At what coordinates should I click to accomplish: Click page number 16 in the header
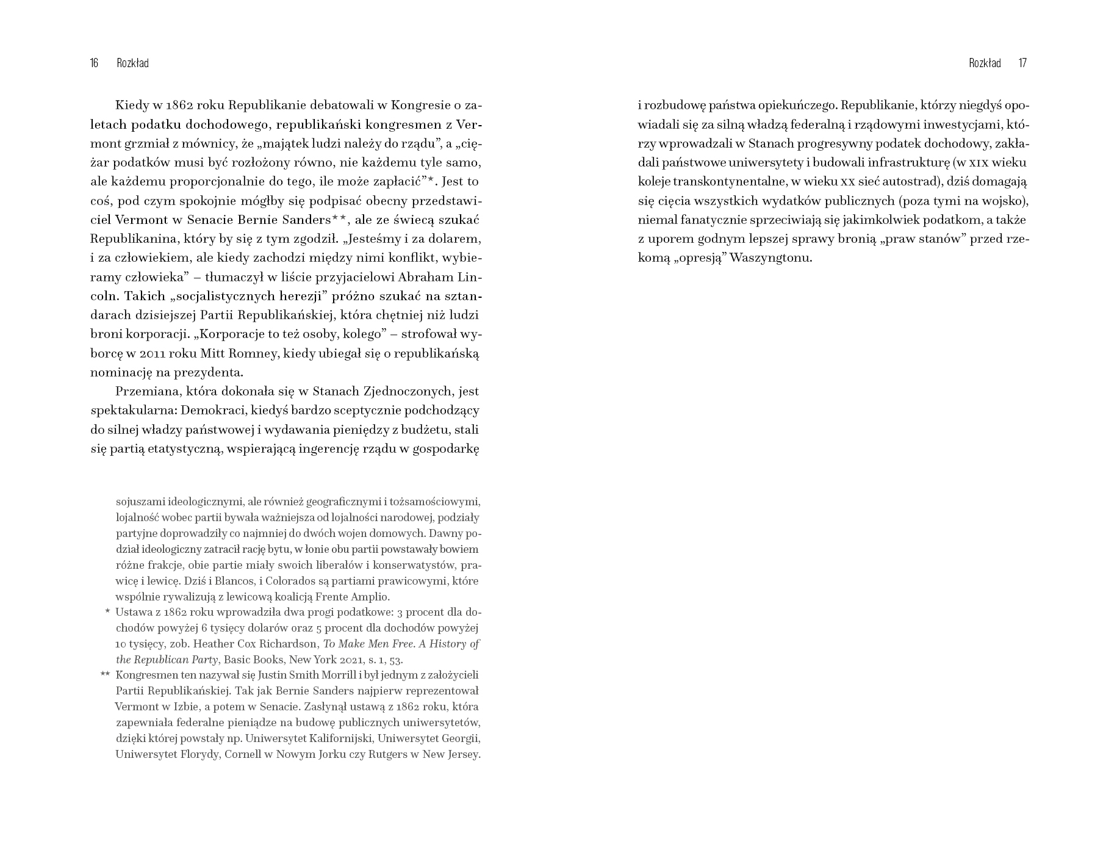coord(94,63)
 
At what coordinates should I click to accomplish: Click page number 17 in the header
coord(1023,63)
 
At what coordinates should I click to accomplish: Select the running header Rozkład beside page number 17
coord(985,63)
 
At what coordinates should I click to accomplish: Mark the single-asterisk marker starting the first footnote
coord(107,611)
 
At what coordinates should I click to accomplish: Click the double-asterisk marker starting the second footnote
coord(105,674)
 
